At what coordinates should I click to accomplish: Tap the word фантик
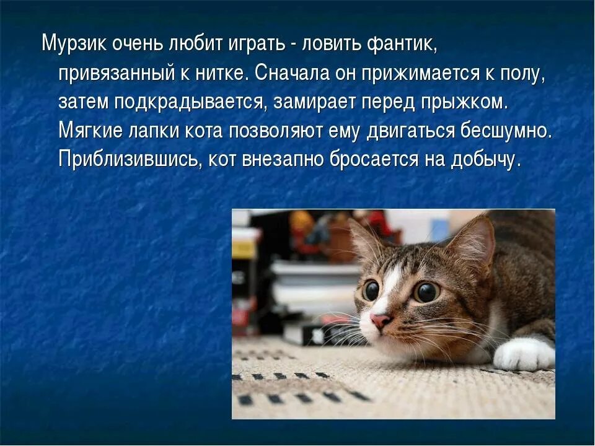tap(402, 44)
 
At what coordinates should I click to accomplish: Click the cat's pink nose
tap(380, 320)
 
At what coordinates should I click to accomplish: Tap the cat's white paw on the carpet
tap(524, 354)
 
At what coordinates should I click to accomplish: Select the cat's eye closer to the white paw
tap(426, 292)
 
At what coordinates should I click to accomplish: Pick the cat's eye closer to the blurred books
tap(371, 290)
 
